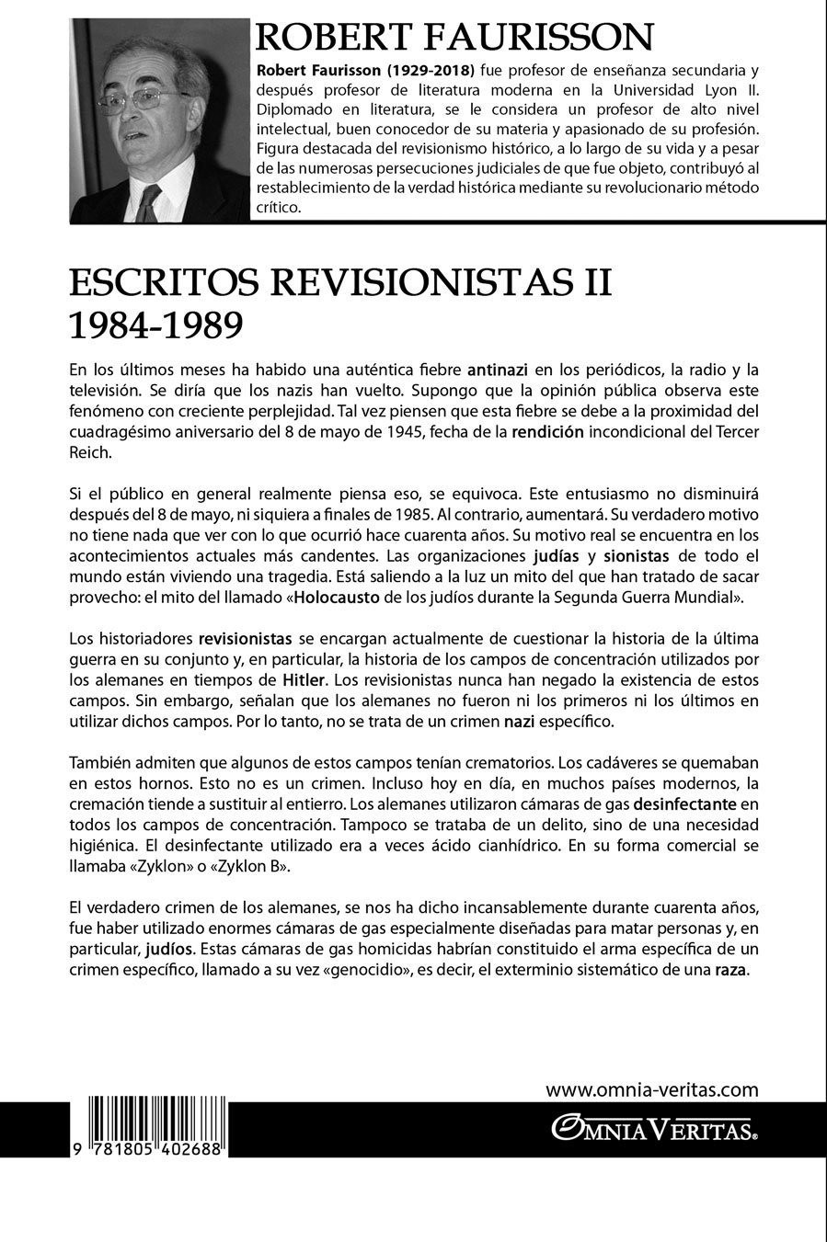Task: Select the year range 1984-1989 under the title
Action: [x=155, y=325]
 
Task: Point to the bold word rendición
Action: [x=550, y=432]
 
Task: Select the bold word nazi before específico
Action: [x=519, y=721]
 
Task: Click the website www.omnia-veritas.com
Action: [x=652, y=1090]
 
